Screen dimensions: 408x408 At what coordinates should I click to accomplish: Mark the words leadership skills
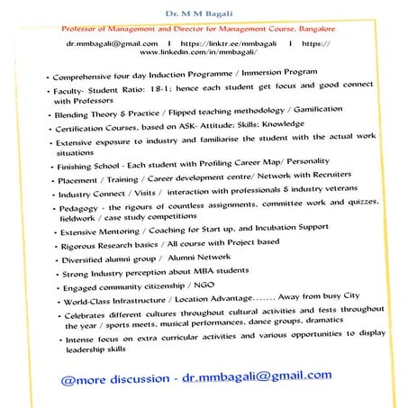point(107,352)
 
